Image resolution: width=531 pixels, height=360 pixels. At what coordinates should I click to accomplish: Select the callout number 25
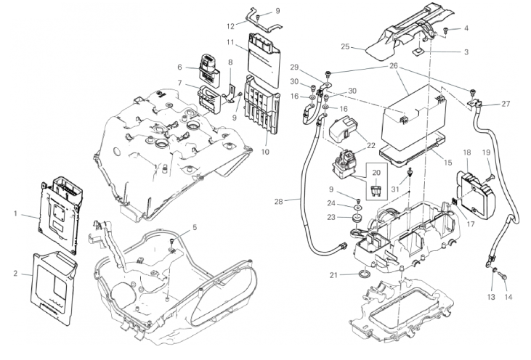point(346,47)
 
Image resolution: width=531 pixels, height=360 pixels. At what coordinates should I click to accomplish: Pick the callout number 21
point(334,274)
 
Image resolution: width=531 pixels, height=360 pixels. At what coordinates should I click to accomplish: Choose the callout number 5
point(193,228)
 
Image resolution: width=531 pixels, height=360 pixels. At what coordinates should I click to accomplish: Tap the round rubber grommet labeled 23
point(357,217)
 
